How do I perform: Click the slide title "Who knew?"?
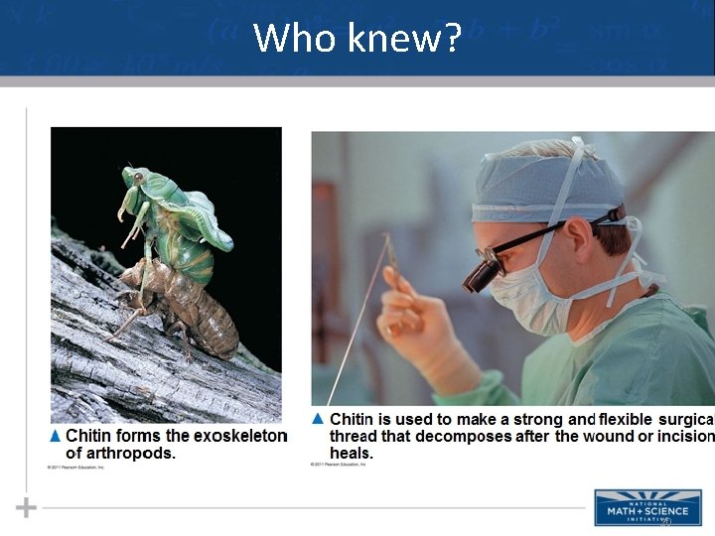[357, 38]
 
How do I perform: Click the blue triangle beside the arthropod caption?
[56, 436]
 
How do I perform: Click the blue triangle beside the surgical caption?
[319, 419]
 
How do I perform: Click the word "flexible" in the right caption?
[633, 420]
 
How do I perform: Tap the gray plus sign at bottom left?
[26, 508]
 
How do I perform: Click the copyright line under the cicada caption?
[75, 467]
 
